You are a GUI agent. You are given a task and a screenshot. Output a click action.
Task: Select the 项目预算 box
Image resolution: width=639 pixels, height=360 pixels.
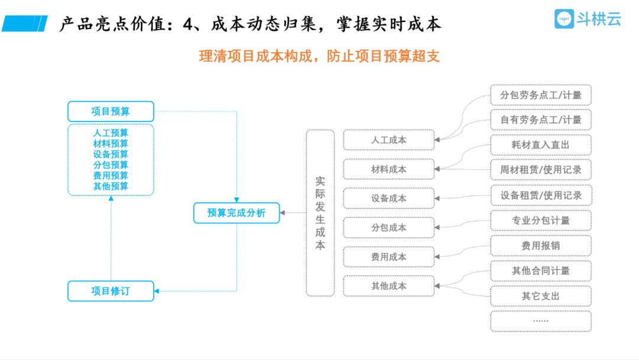[111, 111]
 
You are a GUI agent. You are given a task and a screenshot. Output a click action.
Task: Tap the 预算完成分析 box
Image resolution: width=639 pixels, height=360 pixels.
[237, 213]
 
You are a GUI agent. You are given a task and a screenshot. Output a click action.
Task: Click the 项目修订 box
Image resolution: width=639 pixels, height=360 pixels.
[111, 291]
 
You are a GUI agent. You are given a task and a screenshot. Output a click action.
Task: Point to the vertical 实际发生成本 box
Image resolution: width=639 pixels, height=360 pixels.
[320, 213]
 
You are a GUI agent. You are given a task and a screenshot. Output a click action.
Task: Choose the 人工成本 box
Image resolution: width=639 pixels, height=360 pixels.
[389, 140]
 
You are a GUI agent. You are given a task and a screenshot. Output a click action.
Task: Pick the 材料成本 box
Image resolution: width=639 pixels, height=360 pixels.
[389, 169]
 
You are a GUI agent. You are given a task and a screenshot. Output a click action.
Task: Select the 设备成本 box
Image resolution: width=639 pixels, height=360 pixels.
[389, 198]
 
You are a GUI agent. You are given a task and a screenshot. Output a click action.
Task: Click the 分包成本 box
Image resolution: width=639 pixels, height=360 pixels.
[389, 227]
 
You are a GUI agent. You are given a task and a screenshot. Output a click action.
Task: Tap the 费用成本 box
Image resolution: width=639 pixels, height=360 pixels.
[389, 257]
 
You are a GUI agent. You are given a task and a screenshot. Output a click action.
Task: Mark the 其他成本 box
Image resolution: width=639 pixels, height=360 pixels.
[389, 286]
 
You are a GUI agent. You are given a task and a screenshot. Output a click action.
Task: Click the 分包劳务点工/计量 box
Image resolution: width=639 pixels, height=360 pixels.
[541, 95]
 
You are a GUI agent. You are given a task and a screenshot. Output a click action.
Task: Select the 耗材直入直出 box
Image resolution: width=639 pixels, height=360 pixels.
[541, 144]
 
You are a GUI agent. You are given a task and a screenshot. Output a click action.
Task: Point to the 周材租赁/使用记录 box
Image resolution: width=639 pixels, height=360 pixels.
[541, 170]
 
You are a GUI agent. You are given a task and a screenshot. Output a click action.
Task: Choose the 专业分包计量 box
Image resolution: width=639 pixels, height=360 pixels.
[541, 220]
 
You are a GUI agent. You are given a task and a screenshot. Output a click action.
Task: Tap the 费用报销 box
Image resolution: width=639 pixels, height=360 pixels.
[541, 246]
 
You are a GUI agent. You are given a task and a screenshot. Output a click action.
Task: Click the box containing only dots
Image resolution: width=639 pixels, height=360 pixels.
[541, 321]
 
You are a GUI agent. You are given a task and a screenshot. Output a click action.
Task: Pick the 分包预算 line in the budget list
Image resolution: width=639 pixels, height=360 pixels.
[111, 165]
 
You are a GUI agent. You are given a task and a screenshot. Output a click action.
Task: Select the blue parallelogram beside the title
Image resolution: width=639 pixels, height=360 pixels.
[24, 24]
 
